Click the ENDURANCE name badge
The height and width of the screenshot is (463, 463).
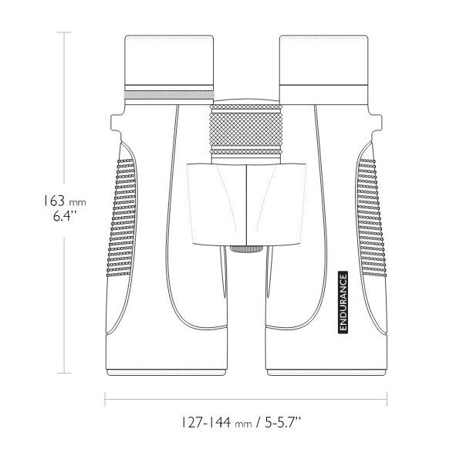[343, 302]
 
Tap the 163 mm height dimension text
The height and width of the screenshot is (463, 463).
[65, 201]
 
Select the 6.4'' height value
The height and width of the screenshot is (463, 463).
[65, 216]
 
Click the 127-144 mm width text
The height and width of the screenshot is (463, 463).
[217, 422]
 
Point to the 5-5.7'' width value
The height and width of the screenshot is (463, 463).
[282, 422]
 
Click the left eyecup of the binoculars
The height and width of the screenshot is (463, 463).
[169, 60]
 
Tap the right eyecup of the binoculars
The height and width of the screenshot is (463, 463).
[323, 60]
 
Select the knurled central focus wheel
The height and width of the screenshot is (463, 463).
[246, 130]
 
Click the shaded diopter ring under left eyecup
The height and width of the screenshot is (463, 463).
[169, 95]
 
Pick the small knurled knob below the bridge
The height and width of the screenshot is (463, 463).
[246, 248]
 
